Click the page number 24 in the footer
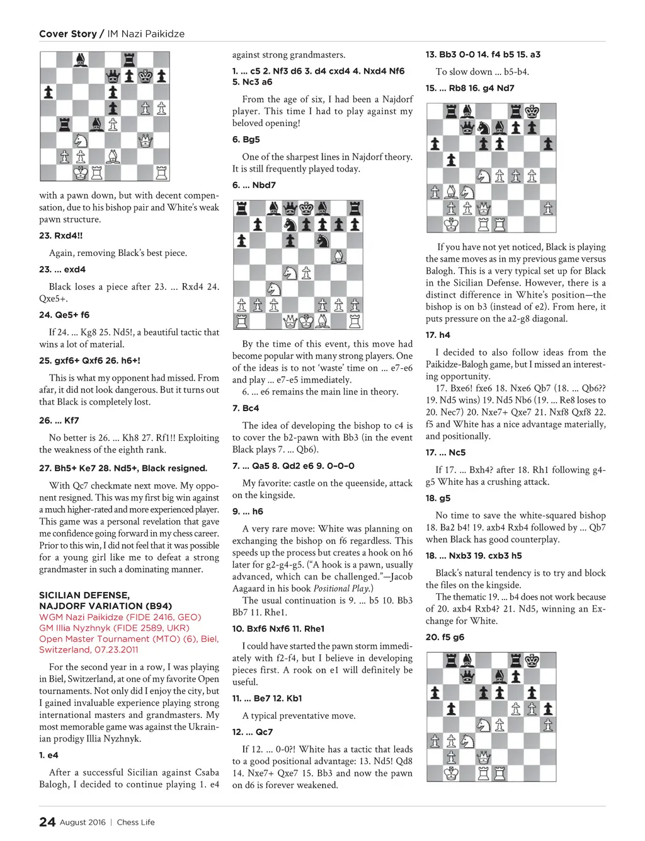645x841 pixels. (47, 821)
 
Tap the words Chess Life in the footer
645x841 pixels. (135, 822)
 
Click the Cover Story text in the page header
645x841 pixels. (68, 34)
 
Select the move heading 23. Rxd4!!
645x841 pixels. (60, 236)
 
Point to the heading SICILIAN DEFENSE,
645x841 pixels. (84, 595)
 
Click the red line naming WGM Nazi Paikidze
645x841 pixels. (120, 617)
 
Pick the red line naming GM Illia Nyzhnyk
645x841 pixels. (114, 628)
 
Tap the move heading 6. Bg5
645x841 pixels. (246, 139)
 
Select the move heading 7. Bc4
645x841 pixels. (246, 408)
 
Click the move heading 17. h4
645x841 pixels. (438, 335)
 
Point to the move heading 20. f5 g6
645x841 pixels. (445, 637)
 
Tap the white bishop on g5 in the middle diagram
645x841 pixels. (338, 257)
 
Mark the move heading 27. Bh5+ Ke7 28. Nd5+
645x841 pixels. (123, 468)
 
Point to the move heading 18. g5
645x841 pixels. (438, 498)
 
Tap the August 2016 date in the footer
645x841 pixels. (83, 822)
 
